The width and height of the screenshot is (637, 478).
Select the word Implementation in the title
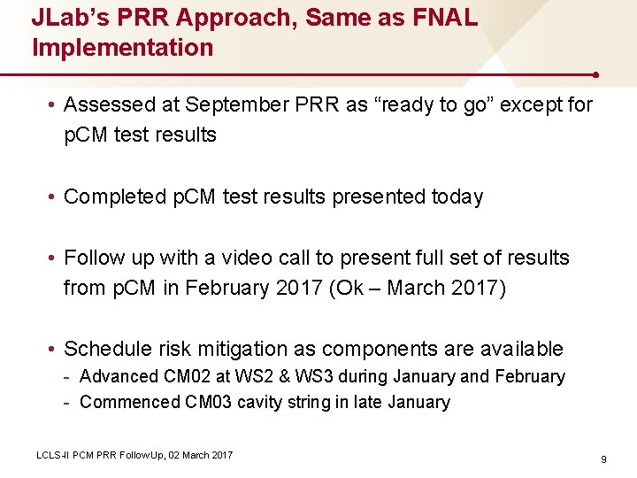(123, 47)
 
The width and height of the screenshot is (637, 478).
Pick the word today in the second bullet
(454, 197)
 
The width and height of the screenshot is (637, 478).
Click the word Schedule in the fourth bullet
(109, 349)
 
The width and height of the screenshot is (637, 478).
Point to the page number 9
(602, 459)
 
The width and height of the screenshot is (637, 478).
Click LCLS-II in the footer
(50, 455)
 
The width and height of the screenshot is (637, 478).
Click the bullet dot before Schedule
(53, 349)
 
